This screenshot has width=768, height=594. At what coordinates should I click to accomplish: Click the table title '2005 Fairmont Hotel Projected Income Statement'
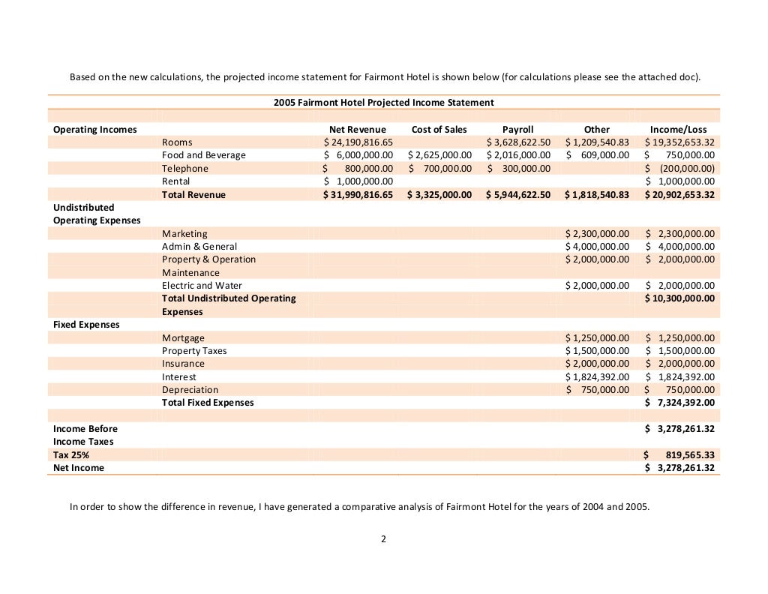pyautogui.click(x=383, y=102)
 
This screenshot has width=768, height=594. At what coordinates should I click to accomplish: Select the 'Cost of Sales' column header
pyautogui.click(x=439, y=129)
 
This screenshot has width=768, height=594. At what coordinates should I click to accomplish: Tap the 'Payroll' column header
pyautogui.click(x=517, y=129)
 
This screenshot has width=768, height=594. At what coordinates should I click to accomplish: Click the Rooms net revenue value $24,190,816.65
pyautogui.click(x=358, y=142)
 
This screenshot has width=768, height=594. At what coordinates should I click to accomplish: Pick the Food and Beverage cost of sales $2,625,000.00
pyautogui.click(x=439, y=155)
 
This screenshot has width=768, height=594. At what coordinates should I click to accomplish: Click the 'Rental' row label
pyautogui.click(x=176, y=181)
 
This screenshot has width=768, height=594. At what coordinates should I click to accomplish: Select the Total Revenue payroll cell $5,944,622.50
pyautogui.click(x=518, y=194)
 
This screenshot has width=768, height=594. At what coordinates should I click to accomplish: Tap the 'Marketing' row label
pyautogui.click(x=184, y=233)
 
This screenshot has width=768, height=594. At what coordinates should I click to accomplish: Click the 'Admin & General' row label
pyautogui.click(x=199, y=246)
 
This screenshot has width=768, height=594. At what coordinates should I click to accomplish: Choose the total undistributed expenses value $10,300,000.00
pyautogui.click(x=679, y=298)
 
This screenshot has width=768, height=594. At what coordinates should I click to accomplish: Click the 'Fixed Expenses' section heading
pyautogui.click(x=86, y=325)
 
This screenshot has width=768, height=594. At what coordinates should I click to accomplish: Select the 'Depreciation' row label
pyautogui.click(x=190, y=390)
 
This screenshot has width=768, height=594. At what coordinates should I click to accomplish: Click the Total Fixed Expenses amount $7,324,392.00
pyautogui.click(x=679, y=403)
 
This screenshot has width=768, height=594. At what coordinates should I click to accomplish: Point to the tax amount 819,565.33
pyautogui.click(x=690, y=455)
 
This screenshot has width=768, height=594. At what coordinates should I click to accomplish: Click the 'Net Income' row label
pyautogui.click(x=79, y=468)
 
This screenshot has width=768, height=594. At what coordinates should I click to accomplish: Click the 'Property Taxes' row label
pyautogui.click(x=194, y=351)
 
